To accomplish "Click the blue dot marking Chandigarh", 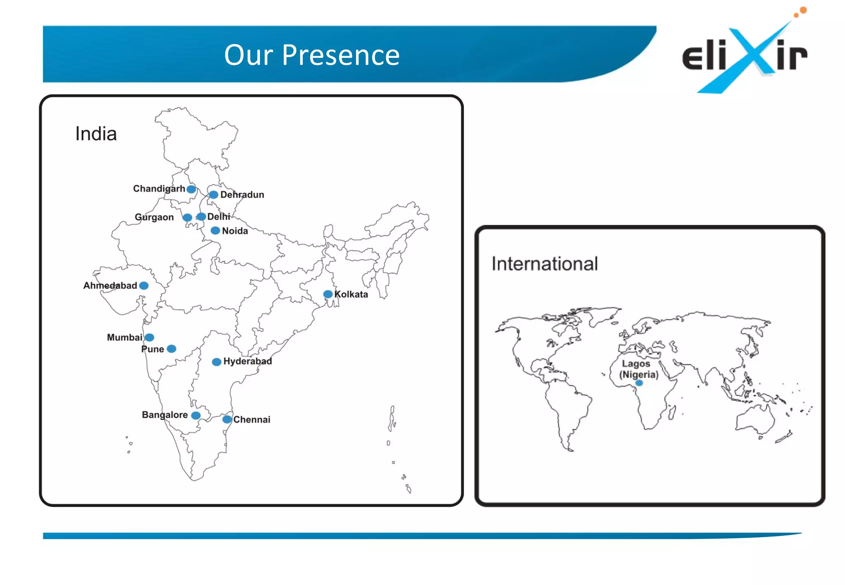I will click(191, 189).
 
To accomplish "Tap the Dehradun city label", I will click(242, 195).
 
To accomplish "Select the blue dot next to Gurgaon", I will click(187, 217).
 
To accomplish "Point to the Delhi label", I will click(219, 217).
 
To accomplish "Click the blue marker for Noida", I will click(215, 231).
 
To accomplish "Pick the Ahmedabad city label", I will click(110, 285).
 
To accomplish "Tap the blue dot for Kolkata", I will click(328, 294).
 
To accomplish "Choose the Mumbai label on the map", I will click(125, 337).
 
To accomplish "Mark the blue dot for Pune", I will click(172, 349).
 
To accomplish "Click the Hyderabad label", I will click(248, 361).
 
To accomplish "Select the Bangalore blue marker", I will click(196, 415).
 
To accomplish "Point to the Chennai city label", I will click(252, 420).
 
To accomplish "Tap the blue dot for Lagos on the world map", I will click(639, 383).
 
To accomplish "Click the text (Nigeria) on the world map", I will click(639, 375).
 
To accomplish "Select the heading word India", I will click(96, 134).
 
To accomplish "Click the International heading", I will click(545, 264).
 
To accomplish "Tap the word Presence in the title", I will click(341, 55).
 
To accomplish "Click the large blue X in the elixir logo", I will click(751, 54).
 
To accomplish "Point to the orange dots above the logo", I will click(801, 12).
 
